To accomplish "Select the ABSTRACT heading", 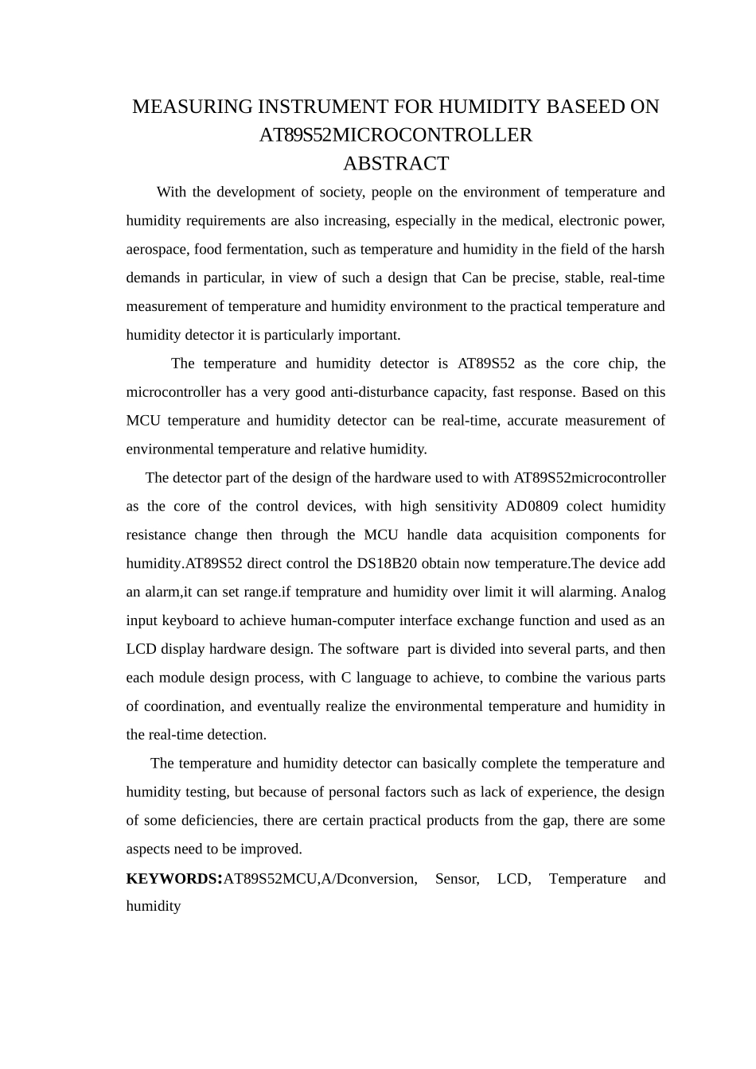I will [x=396, y=164].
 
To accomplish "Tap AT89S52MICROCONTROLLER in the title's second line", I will [x=396, y=135].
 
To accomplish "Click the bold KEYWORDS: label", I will [x=173, y=879].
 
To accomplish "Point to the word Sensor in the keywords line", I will [x=457, y=879].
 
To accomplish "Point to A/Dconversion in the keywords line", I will [x=368, y=879].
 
